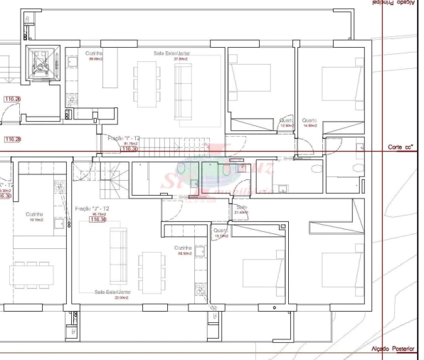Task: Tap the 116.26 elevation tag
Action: click(12, 99)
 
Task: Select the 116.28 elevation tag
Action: click(12, 139)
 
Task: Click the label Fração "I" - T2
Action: click(124, 137)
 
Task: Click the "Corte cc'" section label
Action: click(401, 147)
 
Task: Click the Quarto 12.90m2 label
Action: click(287, 123)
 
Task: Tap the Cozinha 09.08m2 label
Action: click(95, 55)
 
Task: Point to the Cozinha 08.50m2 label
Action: click(185, 250)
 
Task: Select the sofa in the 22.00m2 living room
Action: click(118, 256)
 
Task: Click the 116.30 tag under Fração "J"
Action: click(98, 220)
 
